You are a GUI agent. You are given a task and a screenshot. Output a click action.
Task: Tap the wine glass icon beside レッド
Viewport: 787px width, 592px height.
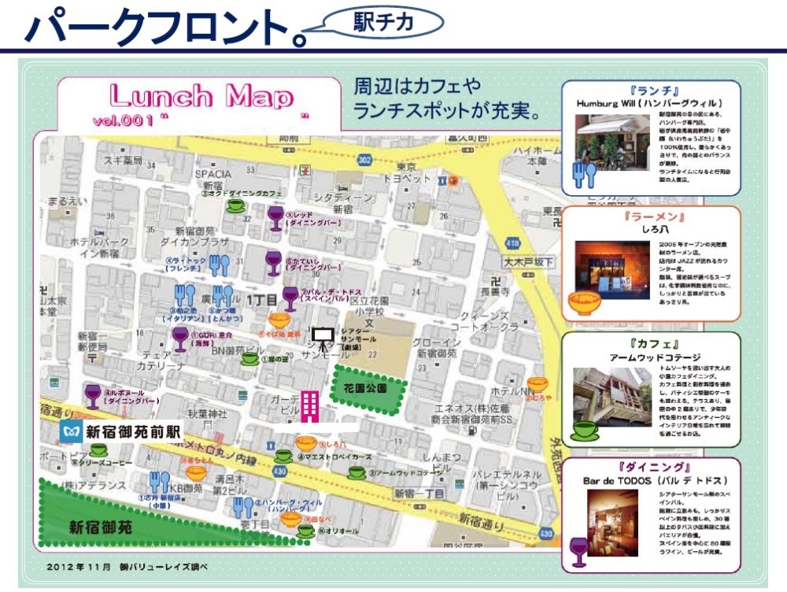[275, 218]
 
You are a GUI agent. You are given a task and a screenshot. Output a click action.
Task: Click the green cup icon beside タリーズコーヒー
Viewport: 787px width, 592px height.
[98, 450]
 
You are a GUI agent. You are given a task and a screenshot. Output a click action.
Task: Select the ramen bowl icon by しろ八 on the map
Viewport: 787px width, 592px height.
[306, 443]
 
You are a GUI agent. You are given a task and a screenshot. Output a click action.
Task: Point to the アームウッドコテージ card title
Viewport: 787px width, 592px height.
[650, 357]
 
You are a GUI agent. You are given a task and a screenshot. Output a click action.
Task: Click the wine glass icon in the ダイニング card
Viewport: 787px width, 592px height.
[578, 551]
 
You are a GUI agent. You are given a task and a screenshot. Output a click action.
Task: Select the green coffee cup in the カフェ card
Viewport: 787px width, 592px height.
[585, 430]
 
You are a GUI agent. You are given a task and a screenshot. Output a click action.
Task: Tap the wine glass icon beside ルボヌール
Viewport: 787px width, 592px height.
[92, 394]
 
